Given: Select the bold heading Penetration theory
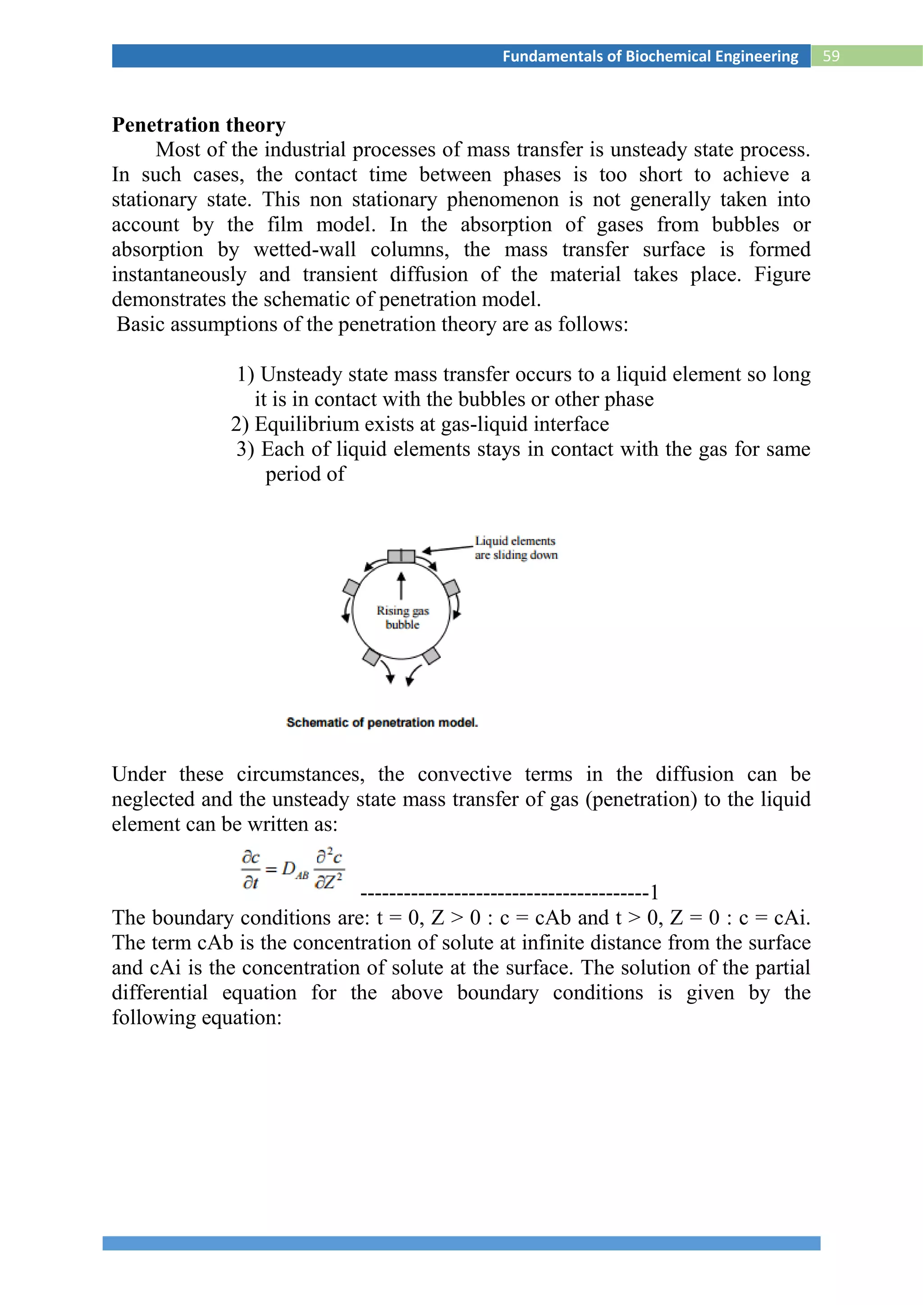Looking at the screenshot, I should [198, 124].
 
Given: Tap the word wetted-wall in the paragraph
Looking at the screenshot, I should [305, 250].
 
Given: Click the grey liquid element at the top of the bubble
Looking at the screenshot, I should [401, 555].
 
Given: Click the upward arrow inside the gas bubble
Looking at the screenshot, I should [401, 585].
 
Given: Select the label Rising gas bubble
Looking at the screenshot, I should [402, 617].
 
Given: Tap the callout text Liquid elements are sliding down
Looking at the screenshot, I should [516, 548].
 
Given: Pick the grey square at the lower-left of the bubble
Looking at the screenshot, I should [371, 657].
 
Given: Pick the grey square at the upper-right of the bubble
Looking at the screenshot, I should [451, 587].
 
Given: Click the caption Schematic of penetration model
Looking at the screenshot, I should [382, 722].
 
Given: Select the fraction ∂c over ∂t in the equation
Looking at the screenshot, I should [251, 870].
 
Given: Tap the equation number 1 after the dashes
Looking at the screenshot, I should [654, 892].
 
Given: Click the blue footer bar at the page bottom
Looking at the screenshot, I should [461, 1243].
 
